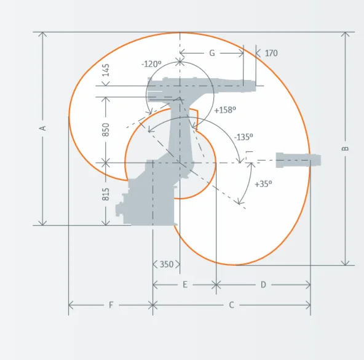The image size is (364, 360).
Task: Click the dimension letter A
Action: [x=43, y=128]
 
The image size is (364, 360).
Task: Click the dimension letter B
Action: [x=346, y=148]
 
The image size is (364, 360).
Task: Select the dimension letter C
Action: [x=231, y=305]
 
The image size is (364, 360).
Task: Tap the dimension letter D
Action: [x=263, y=284]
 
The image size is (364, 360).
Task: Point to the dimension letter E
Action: [x=185, y=284]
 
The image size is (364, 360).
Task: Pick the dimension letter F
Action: [x=111, y=305]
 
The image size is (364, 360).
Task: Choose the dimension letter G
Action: [x=212, y=53]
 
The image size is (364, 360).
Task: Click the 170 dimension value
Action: [x=271, y=53]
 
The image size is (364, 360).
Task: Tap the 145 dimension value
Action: [x=106, y=70]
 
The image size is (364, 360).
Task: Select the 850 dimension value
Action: [x=106, y=130]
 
